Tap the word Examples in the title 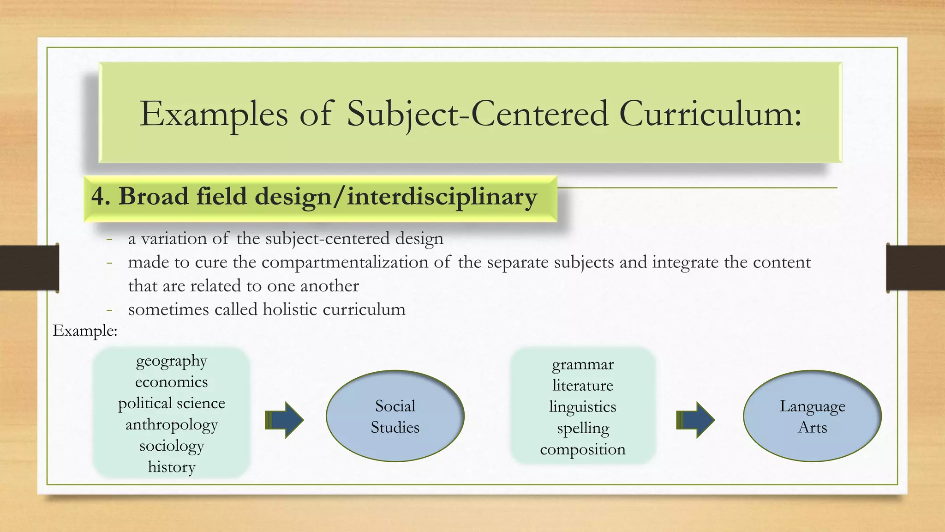214,114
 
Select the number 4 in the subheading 98,196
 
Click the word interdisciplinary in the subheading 442,196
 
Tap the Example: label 85,331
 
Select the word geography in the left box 172,361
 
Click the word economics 172,382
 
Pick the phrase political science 172,403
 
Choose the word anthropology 172,424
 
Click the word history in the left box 172,467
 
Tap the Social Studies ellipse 395,416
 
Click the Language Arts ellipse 813,416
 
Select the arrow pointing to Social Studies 285,420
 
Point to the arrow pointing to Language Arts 696,420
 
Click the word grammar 583,364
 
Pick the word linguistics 583,407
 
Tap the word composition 583,449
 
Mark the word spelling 583,428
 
